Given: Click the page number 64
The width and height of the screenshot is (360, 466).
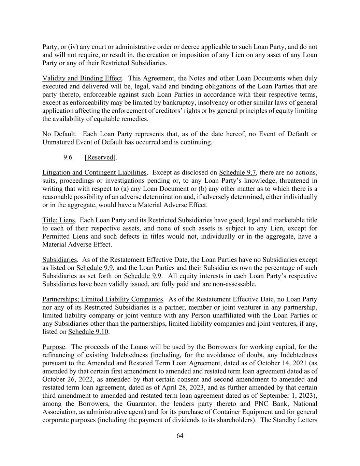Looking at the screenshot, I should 180,436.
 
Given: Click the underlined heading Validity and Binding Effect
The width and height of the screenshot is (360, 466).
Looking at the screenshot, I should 82,78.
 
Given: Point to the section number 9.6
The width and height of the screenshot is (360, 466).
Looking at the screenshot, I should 68,157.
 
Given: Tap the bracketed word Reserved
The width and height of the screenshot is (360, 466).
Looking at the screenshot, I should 100,157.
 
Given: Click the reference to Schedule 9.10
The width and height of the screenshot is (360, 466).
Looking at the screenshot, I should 88,332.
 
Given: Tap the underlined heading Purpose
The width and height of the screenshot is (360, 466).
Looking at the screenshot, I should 53,347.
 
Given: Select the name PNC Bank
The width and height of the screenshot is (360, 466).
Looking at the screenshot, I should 261,404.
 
